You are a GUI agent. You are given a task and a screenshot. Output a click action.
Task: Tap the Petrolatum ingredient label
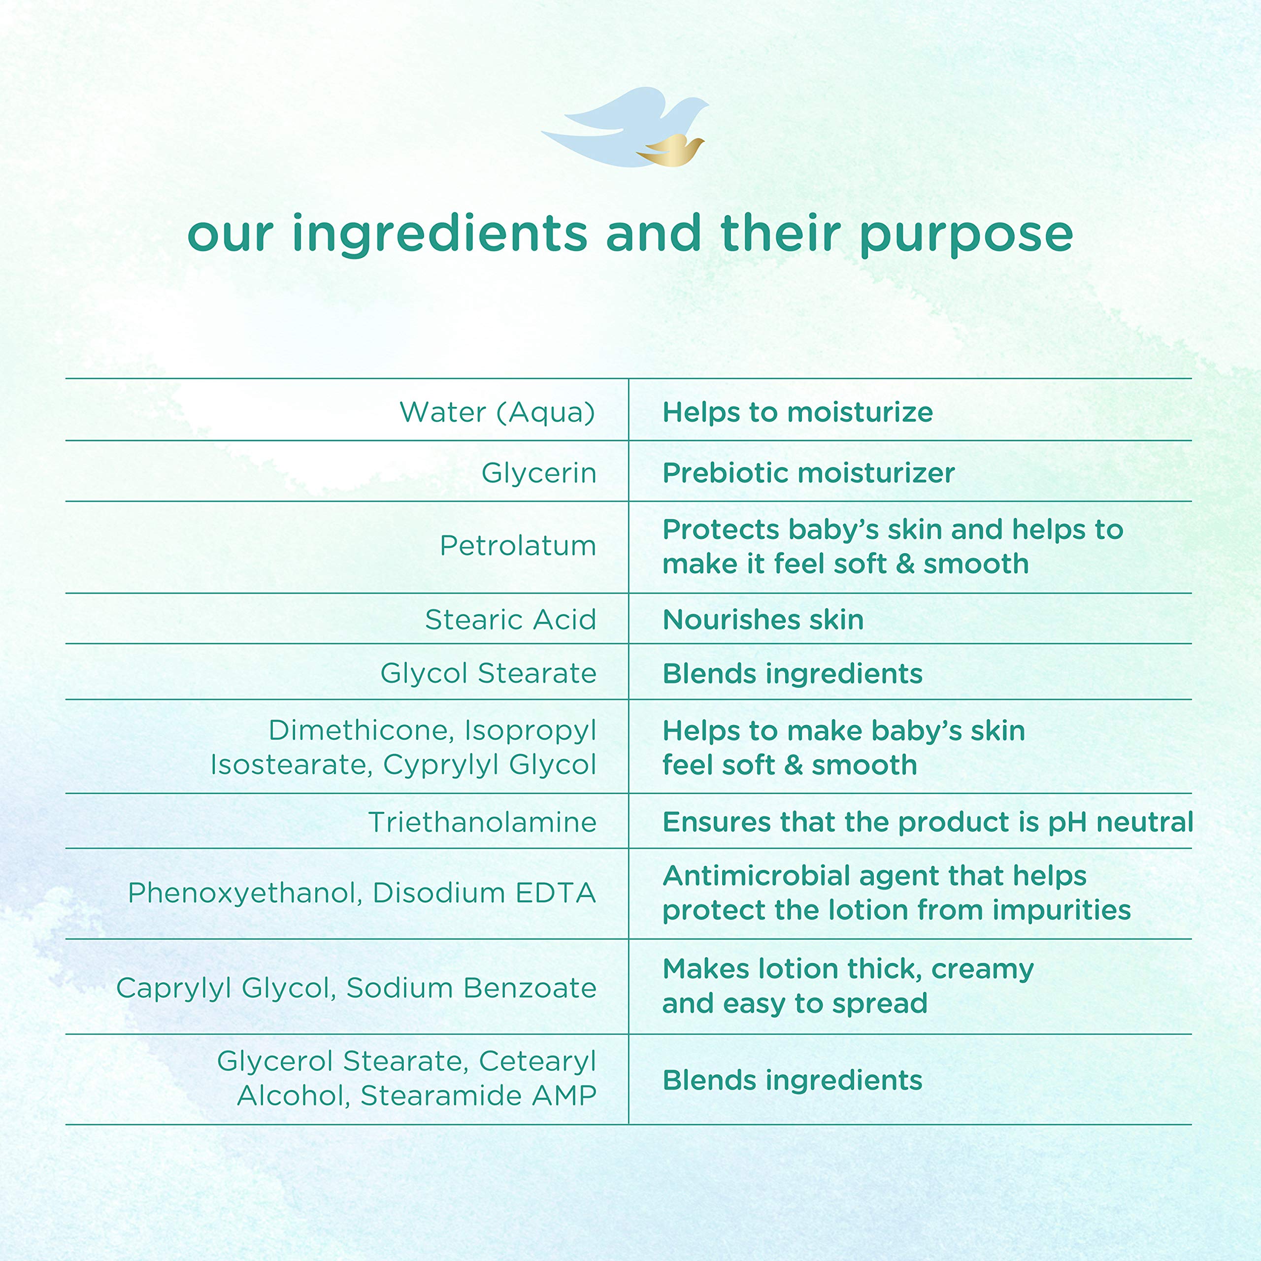(518, 546)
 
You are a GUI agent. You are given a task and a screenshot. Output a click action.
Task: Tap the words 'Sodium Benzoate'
(471, 988)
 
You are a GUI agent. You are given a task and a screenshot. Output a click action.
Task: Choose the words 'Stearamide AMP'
(478, 1096)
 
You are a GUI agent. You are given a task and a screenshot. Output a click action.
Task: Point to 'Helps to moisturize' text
(797, 412)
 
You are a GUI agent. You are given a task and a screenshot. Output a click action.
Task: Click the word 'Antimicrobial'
(757, 876)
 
